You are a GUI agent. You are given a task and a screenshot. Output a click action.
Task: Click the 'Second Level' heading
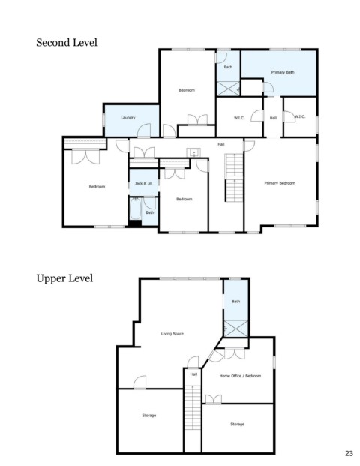[67, 42]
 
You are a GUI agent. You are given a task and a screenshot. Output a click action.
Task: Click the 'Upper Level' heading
[64, 278]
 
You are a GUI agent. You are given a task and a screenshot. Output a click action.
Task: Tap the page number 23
[349, 453]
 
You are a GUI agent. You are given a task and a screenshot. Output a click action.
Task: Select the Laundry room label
[128, 117]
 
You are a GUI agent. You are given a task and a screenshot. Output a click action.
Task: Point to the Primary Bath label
[283, 72]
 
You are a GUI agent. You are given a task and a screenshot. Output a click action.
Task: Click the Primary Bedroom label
[280, 183]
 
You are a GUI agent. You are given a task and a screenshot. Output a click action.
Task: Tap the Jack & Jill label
[143, 183]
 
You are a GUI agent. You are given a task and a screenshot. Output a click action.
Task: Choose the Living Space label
[172, 334]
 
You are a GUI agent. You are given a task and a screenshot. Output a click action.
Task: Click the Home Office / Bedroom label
[240, 376]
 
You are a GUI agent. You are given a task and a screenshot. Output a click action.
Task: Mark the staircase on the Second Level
[234, 178]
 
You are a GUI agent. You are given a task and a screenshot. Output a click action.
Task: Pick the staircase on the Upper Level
[193, 407]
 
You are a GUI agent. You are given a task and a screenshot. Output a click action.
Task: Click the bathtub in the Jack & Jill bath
[136, 209]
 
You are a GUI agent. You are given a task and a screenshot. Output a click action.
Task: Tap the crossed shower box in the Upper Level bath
[235, 329]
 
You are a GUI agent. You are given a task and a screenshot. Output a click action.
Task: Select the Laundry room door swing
[144, 131]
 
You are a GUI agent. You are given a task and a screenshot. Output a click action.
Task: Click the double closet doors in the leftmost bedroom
[85, 156]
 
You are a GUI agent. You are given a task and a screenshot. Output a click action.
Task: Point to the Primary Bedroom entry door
[249, 146]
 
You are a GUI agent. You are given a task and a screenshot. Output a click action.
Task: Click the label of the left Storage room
[149, 416]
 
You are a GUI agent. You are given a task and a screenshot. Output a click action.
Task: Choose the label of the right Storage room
[237, 424]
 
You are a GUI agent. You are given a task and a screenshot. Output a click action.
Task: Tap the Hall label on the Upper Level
[193, 374]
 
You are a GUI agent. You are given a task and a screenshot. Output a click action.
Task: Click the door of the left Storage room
[139, 383]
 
